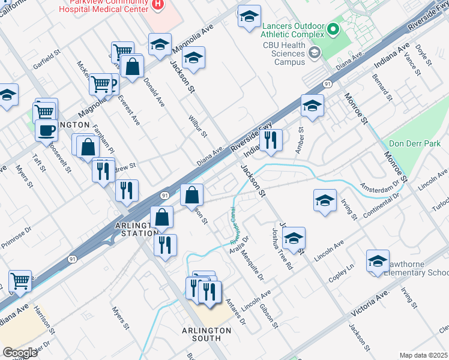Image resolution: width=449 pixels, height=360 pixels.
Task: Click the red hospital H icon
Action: (x=158, y=4)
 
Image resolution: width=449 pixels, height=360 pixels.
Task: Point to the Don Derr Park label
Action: (x=415, y=144)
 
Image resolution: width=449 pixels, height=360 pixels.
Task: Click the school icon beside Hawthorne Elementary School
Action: (x=378, y=262)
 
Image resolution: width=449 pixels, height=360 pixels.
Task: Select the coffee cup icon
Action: (x=46, y=130)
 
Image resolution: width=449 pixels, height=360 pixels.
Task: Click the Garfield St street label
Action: (x=47, y=61)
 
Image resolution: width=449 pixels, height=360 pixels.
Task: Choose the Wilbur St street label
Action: (x=197, y=126)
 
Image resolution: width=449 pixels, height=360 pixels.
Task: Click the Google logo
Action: (x=20, y=353)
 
